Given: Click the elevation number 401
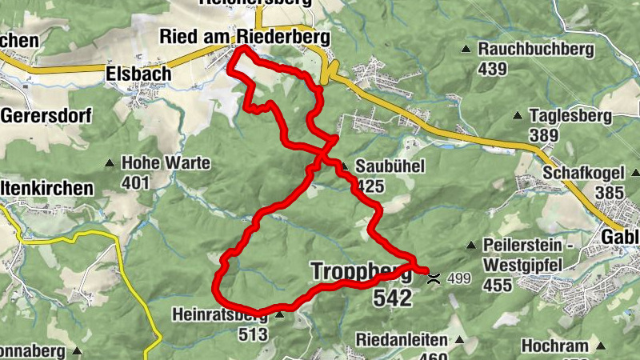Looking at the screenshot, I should tap(136, 182).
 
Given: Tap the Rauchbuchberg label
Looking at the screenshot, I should tap(536, 50).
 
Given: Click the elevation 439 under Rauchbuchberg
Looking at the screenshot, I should tap(493, 69).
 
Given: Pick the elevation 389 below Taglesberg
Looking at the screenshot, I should tap(544, 135).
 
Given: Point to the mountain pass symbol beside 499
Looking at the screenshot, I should tap(434, 279).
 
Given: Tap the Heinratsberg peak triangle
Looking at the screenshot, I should tap(279, 316).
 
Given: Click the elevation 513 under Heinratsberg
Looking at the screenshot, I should tap(252, 334).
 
